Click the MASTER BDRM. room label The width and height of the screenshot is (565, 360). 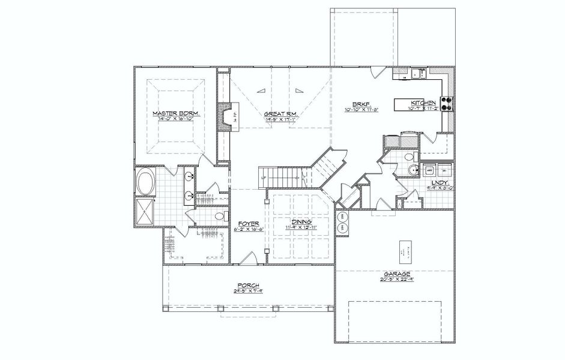[175, 113]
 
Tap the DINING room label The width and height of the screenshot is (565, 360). [301, 221]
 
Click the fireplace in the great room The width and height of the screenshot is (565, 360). [225, 118]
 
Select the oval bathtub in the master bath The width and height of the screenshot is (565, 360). [145, 182]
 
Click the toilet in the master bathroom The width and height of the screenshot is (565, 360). [219, 215]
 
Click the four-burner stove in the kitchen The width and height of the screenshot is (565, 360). [447, 104]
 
